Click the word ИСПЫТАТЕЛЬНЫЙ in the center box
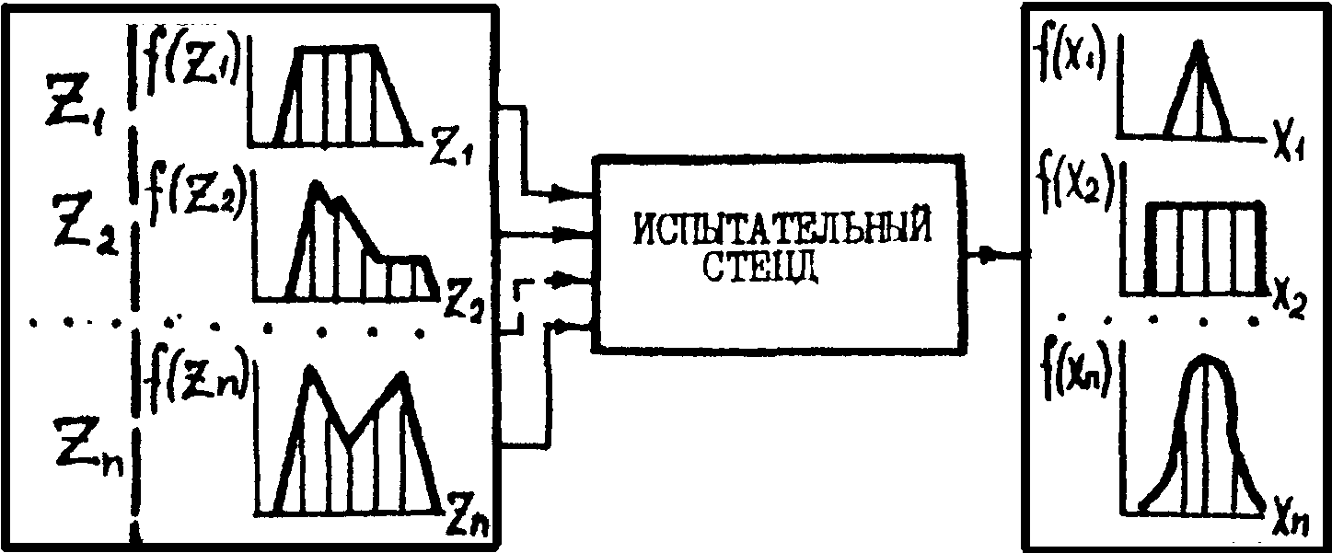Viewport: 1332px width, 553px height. [779, 229]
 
